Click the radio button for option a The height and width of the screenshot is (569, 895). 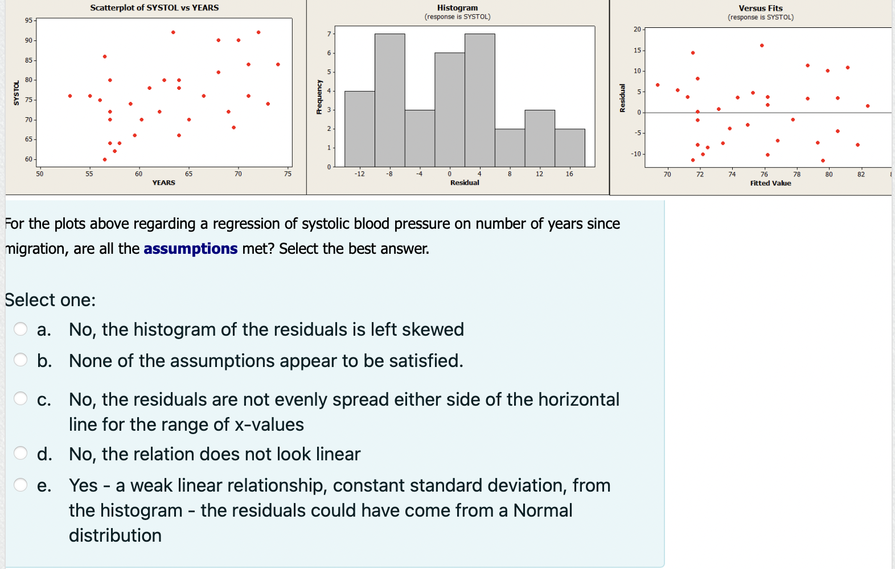click(20, 329)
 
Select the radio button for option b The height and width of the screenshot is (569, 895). click(20, 360)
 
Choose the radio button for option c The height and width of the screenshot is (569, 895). click(20, 398)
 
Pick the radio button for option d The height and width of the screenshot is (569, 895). click(20, 453)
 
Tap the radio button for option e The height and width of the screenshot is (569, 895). click(20, 485)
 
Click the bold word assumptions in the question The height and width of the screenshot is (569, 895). click(190, 249)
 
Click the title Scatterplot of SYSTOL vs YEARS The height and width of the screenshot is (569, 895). click(154, 8)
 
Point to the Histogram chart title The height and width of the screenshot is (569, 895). click(457, 8)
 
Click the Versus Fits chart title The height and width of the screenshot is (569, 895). click(760, 9)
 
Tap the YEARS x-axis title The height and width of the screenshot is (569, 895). click(163, 183)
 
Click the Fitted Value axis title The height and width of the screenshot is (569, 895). click(770, 183)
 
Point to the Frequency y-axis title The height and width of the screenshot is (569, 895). click(319, 97)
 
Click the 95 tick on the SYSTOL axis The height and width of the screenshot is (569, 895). click(28, 20)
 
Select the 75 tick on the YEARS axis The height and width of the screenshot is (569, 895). click(288, 174)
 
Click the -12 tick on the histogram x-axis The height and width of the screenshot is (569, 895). click(359, 174)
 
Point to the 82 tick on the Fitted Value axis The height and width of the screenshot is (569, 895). click(861, 175)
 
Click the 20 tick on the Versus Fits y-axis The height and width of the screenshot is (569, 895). click(637, 29)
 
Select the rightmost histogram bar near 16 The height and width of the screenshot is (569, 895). click(570, 148)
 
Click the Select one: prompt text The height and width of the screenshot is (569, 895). click(50, 300)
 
